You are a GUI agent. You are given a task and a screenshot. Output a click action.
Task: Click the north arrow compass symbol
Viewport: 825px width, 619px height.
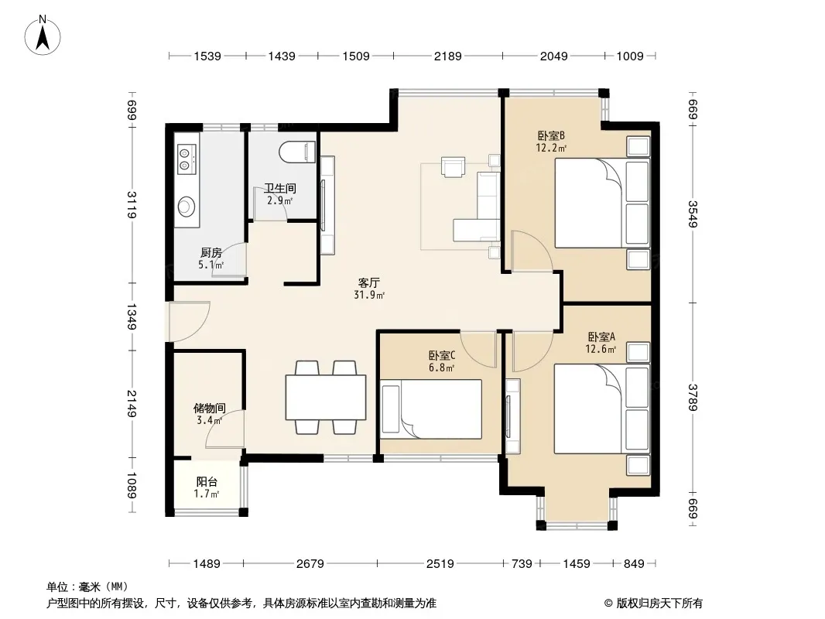pos(43,36)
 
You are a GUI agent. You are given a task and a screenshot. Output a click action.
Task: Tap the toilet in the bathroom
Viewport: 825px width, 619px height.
pos(297,152)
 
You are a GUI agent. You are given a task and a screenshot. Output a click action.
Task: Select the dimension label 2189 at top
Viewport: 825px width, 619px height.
pos(448,56)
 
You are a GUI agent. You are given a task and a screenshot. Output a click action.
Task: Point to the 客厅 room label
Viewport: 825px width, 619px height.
pos(369,282)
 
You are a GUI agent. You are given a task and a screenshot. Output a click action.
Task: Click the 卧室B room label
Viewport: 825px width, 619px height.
pos(551,135)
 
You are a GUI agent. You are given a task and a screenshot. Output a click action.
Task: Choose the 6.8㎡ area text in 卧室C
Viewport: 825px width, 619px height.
pos(441,368)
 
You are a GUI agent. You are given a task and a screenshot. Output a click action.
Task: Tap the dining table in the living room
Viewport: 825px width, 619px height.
pos(326,397)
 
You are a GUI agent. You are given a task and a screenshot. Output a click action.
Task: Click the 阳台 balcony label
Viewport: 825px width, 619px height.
pos(207,481)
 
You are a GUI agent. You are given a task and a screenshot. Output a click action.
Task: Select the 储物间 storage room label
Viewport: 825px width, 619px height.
pos(210,408)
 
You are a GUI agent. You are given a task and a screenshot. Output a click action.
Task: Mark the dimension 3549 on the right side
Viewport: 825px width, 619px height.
pos(693,214)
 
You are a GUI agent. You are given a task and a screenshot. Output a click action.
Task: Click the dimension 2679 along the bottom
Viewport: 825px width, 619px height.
pos(310,564)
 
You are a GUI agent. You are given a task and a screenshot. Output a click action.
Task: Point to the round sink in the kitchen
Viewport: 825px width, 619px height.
pos(187,206)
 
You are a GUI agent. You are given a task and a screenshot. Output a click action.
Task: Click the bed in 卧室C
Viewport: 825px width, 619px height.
pos(431,409)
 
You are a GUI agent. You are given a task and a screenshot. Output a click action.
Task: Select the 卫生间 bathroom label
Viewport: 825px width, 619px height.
pos(280,188)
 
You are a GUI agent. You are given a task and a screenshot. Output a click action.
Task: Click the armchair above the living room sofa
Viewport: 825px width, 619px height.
pos(454,166)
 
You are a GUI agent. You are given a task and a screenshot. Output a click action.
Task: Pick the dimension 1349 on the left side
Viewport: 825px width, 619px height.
pos(132,316)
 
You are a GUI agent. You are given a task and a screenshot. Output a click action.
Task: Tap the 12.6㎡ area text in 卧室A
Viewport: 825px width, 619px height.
pos(601,349)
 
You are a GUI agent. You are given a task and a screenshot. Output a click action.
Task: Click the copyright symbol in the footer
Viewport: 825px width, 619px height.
pos(608,604)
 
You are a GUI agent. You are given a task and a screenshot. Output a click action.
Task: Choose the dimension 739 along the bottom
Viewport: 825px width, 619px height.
pos(522,564)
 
